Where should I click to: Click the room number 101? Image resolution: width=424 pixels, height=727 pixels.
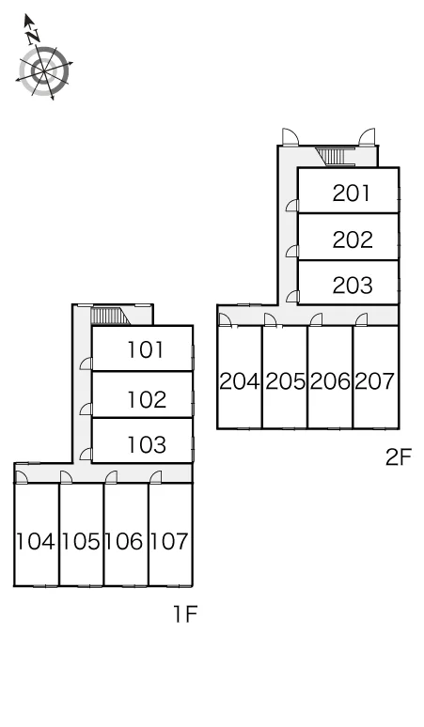[x=146, y=350]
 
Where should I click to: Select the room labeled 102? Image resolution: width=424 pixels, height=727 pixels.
[x=147, y=400]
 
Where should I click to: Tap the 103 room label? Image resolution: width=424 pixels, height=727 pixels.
[x=147, y=444]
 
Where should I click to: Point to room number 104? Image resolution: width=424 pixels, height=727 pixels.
[x=36, y=541]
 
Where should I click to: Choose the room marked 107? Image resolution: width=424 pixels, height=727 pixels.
[x=169, y=541]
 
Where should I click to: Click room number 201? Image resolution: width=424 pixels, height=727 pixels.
[x=352, y=193]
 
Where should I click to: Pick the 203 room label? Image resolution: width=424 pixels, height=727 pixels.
[x=353, y=286]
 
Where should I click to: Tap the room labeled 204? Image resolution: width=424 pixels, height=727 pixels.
[x=239, y=381]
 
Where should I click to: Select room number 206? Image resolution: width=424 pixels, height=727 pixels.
[x=330, y=381]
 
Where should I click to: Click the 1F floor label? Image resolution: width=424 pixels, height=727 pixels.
[x=185, y=614]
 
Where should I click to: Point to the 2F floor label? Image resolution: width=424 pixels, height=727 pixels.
[x=399, y=457]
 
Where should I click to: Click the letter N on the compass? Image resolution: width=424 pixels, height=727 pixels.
[x=33, y=37]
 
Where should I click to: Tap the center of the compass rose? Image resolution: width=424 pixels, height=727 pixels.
[x=44, y=72]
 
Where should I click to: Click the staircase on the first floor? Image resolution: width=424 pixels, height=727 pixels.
[x=110, y=317]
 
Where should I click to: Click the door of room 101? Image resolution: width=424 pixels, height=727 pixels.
[x=86, y=363]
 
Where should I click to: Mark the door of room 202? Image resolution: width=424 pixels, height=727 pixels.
[x=291, y=252]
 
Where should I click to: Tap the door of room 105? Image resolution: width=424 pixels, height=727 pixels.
[x=66, y=477]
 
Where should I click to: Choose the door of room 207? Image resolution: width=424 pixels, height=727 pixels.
[x=361, y=320]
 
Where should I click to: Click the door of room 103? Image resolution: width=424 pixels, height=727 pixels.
[x=86, y=455]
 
